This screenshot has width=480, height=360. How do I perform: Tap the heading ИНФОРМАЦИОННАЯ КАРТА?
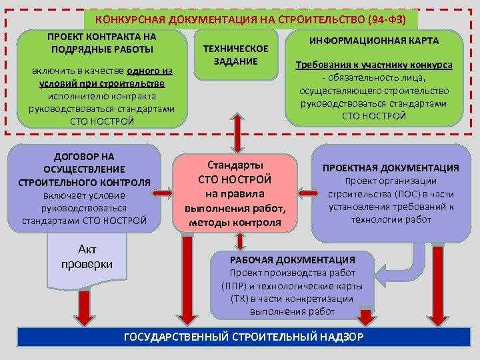pyautogui.click(x=373, y=41)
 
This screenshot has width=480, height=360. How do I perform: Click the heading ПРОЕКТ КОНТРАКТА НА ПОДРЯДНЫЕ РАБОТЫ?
pyautogui.click(x=101, y=43)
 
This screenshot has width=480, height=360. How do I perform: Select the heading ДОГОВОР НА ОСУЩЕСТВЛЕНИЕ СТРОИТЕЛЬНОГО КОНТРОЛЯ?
pyautogui.click(x=85, y=169)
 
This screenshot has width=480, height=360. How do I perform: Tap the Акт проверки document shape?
pyautogui.click(x=87, y=257)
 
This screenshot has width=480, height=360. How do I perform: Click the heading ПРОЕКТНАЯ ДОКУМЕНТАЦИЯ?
pyautogui.click(x=391, y=168)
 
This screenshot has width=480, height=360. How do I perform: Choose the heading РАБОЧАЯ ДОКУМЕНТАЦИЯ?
pyautogui.click(x=293, y=260)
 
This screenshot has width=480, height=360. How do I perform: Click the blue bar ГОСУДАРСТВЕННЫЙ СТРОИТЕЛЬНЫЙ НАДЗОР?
pyautogui.click(x=243, y=337)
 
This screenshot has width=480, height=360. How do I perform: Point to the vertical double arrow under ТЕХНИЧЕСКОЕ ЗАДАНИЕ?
pyautogui.click(x=235, y=133)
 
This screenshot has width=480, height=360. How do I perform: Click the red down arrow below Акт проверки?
pyautogui.click(x=87, y=307)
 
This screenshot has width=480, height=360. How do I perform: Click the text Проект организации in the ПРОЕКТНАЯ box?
pyautogui.click(x=391, y=181)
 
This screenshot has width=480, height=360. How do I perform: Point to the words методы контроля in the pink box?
pyautogui.click(x=235, y=221)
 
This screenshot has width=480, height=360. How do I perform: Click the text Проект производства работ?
pyautogui.click(x=293, y=273)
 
